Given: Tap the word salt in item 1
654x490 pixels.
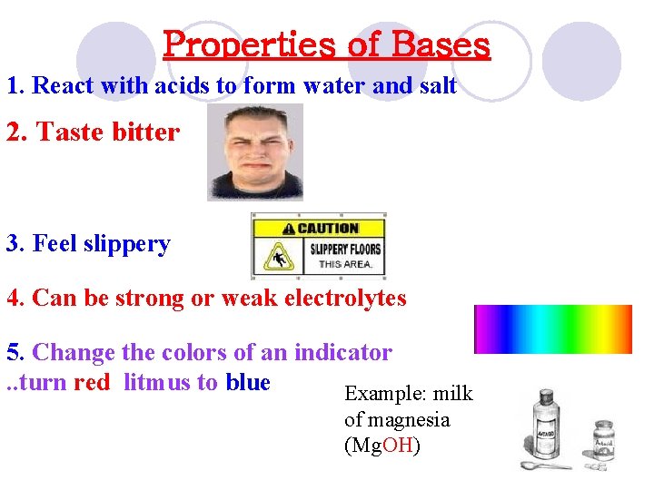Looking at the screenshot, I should pyautogui.click(x=434, y=86).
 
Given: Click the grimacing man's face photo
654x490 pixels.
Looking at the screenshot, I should pyautogui.click(x=254, y=151).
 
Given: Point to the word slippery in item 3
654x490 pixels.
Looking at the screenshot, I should pyautogui.click(x=127, y=244).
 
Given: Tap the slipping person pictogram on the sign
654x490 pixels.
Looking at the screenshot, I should pyautogui.click(x=276, y=258).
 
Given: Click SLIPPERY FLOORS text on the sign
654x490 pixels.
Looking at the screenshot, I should pyautogui.click(x=345, y=250).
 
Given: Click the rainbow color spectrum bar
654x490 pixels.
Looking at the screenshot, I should pyautogui.click(x=553, y=328).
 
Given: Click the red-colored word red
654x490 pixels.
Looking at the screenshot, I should pyautogui.click(x=92, y=382).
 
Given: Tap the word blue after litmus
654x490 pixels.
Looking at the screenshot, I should pyautogui.click(x=248, y=382).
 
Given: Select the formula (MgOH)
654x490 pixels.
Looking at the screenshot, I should pyautogui.click(x=382, y=446).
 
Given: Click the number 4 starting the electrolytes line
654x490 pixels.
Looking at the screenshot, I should pyautogui.click(x=13, y=298).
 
